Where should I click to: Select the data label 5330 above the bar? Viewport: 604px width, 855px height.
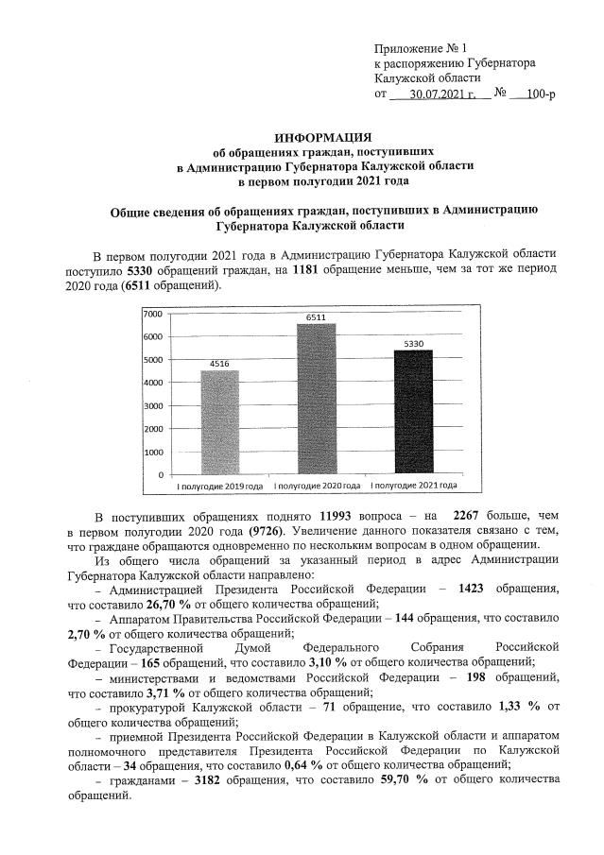413,343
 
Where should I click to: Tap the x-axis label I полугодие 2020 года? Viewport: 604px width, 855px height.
317,486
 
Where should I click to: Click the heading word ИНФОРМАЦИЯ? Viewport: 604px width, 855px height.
319,137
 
